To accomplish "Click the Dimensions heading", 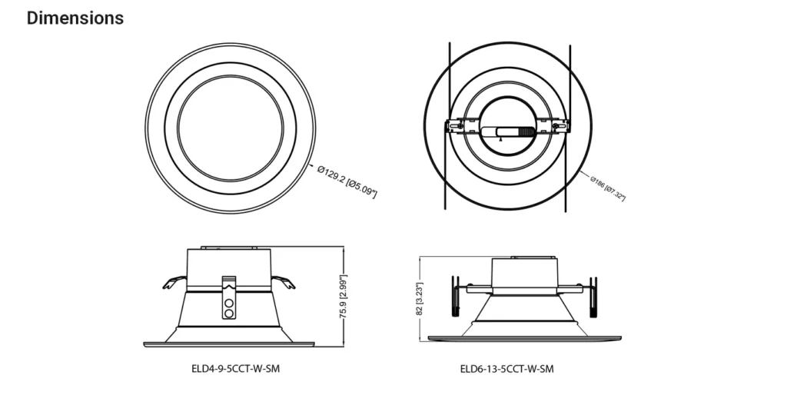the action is click(x=75, y=18).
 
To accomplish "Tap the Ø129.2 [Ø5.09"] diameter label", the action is click(x=347, y=181).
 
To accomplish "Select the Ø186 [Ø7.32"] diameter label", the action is click(x=608, y=188).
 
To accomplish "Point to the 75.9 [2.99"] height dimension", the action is click(x=344, y=297).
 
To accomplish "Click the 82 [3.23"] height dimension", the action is click(x=420, y=299).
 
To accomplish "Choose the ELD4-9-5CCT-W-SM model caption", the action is click(x=235, y=369).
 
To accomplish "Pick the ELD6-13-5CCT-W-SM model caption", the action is click(x=507, y=370).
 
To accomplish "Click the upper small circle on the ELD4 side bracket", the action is click(x=229, y=304).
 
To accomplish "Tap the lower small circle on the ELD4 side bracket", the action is click(x=229, y=314).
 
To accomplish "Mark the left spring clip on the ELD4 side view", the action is click(x=174, y=283).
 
